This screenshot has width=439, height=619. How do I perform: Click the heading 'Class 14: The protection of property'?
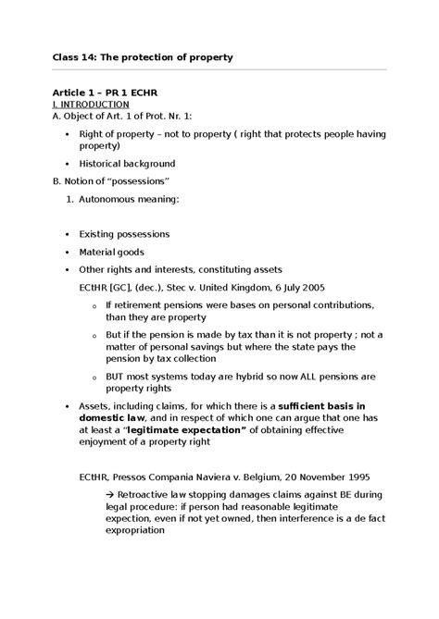[141, 57]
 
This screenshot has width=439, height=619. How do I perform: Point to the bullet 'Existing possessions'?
[124, 234]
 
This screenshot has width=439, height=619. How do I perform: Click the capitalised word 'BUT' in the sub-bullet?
[118, 377]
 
